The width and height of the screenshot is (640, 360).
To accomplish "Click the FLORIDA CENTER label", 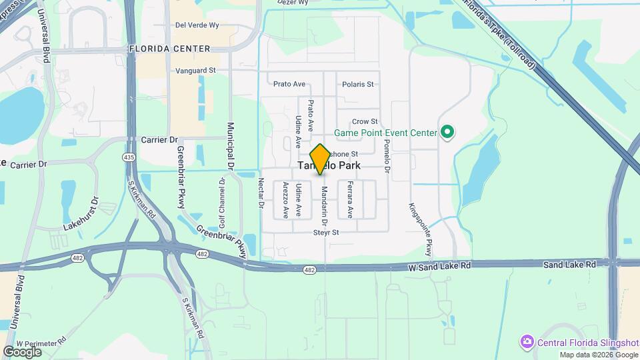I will coord(170,49).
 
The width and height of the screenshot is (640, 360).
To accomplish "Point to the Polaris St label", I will coord(357,85).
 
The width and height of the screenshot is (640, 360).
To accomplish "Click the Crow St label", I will coord(365,121).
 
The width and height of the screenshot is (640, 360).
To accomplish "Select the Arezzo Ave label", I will coord(285,200).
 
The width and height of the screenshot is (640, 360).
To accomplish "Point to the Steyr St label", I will coord(327,233).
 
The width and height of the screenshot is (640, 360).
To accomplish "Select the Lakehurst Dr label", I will coord(81,213).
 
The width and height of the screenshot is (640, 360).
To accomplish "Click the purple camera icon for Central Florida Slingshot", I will coord(527,342).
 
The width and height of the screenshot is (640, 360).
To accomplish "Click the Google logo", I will coord(22,351).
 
